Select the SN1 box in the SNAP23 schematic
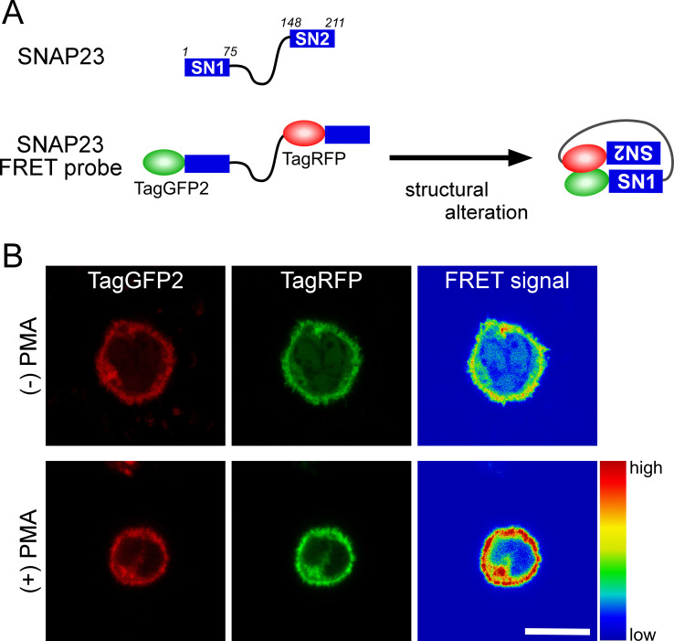click(x=205, y=68)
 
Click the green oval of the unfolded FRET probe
click(x=163, y=164)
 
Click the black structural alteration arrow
click(x=461, y=157)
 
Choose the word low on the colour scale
click(x=646, y=630)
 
